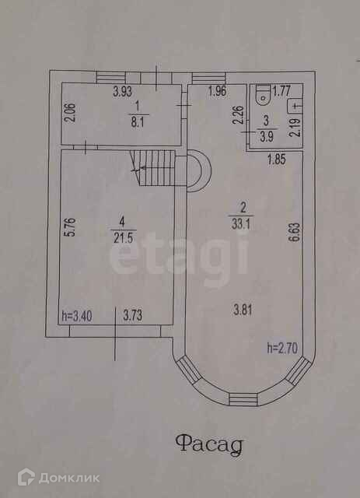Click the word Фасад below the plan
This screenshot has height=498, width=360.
click(x=209, y=444)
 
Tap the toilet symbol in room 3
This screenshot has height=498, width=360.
click(x=263, y=95)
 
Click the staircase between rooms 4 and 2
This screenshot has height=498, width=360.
click(x=153, y=168)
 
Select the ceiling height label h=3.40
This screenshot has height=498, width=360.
click(x=77, y=317)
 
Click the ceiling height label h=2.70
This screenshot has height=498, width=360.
click(x=282, y=349)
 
